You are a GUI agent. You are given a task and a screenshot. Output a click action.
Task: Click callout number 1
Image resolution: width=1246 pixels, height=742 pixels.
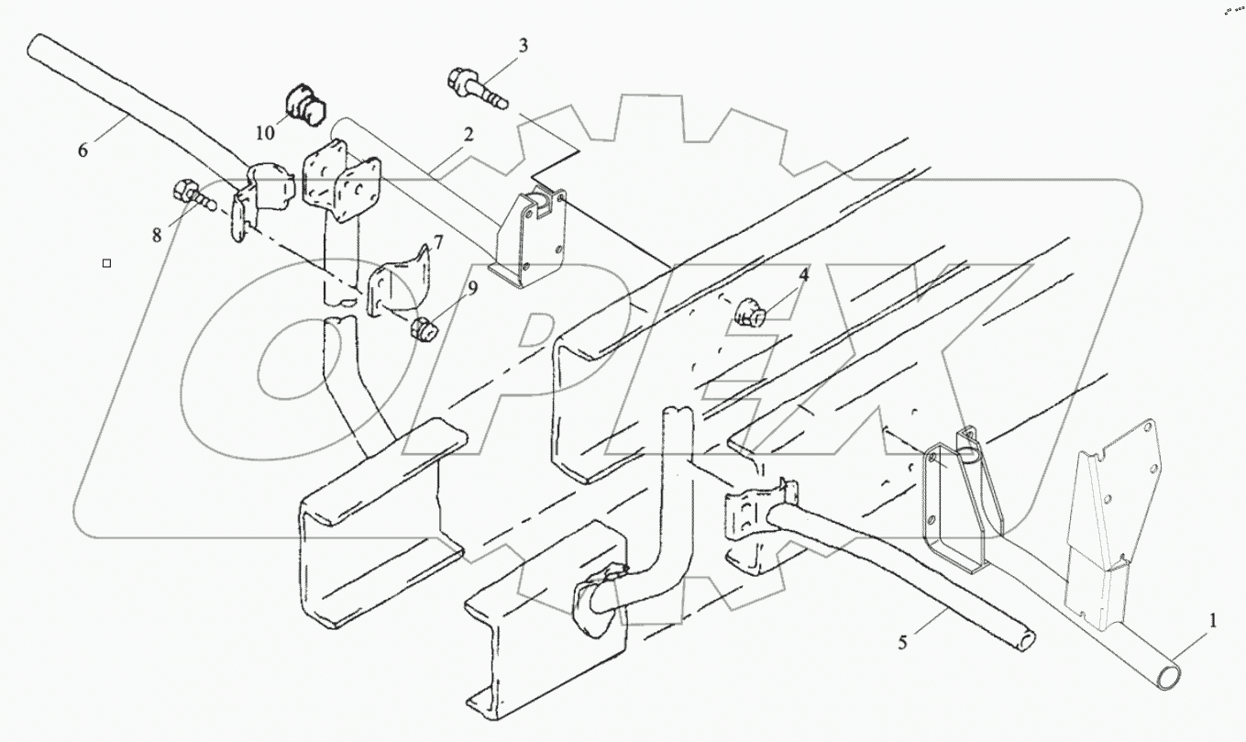pos(1213,622)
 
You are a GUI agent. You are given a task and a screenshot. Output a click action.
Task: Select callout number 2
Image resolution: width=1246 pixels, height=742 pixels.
pos(468,134)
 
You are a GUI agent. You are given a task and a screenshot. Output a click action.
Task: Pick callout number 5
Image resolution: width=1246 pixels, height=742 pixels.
pos(902,643)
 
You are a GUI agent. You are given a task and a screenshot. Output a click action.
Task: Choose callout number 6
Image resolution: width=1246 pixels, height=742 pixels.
pos(83,150)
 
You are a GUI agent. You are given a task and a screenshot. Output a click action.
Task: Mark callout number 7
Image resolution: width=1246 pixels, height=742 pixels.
pos(437,242)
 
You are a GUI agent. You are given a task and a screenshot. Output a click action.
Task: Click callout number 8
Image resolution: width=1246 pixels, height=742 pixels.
pos(157,235)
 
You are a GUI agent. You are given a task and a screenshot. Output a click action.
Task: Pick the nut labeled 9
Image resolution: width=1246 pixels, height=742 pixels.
pos(425,327)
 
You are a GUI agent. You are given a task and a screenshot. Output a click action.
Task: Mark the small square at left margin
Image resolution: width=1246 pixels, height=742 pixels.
pos(107,263)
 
